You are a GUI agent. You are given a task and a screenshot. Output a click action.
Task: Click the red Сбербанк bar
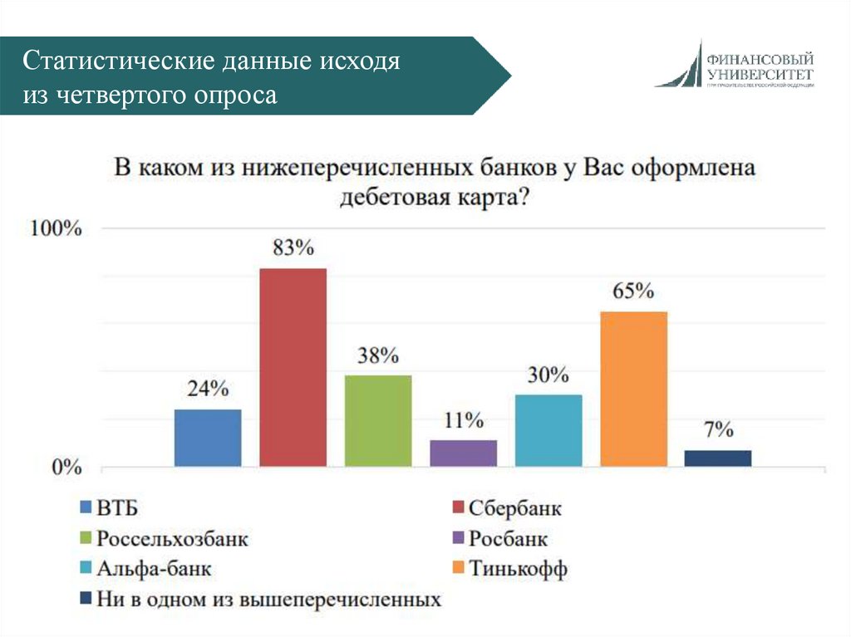point(293,367)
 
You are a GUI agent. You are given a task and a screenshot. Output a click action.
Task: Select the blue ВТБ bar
point(208,438)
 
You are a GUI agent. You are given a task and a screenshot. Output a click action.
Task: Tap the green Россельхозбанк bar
point(378,420)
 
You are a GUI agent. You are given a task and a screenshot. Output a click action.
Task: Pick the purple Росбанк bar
point(463,453)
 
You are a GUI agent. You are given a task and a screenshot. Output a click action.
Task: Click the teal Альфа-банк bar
point(548,430)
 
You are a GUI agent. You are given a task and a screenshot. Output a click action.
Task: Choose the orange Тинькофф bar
point(633,389)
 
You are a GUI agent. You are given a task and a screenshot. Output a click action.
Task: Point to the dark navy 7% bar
point(718,458)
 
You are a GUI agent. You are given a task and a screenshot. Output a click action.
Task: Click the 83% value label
point(293,247)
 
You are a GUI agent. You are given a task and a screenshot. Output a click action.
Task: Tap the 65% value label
point(633,291)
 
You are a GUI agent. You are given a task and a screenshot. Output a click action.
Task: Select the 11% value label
point(463,420)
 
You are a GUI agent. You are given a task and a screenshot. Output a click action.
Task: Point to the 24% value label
point(208,389)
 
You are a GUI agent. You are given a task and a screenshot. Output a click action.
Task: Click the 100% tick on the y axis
point(57,229)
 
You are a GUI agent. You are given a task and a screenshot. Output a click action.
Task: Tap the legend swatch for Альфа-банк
point(85,570)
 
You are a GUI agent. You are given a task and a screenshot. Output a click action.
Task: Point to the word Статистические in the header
point(115,63)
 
